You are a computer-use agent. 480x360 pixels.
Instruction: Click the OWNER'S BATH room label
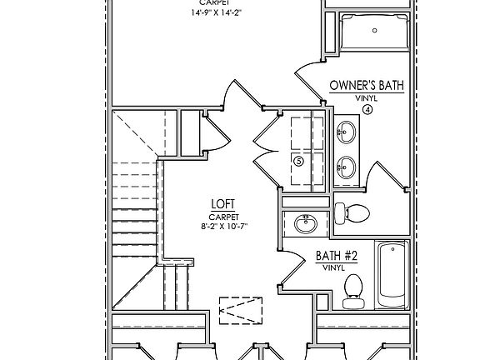pos(367,85)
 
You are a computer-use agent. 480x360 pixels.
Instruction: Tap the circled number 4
pos(367,109)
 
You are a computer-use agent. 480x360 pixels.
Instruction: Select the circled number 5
pos(298,161)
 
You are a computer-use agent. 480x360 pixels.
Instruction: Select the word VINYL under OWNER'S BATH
pos(367,97)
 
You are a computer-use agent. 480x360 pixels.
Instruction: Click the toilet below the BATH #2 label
pos(352,286)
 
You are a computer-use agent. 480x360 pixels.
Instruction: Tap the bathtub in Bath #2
pos(390,274)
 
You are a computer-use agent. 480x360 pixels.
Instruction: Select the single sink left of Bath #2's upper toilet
pos(305,223)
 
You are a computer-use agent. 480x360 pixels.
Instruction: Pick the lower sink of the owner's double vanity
pos(345,167)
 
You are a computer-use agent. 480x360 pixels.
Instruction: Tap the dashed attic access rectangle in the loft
pos(240,309)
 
